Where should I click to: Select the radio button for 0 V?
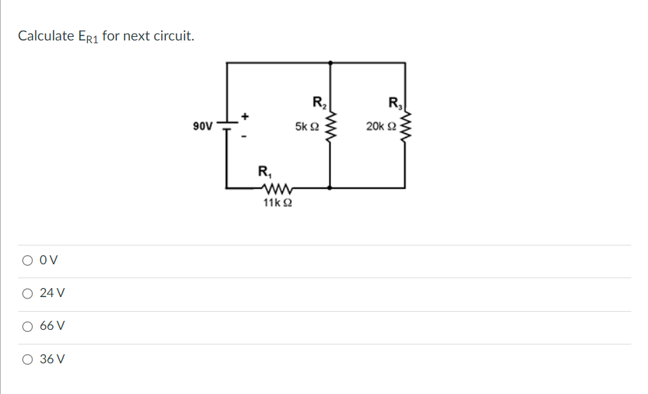pos(27,261)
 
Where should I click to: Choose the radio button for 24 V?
pos(27,294)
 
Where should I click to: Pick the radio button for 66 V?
pos(27,326)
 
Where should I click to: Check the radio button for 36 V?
pos(27,360)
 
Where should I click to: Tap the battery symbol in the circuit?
pos(227,126)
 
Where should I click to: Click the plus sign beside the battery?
pos(245,114)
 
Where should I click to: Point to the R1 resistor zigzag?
pos(277,188)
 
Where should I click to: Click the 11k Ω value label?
pos(277,203)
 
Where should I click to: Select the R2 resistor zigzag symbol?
pos(330,126)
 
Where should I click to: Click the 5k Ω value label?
pos(307,127)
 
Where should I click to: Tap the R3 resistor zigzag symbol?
pos(406,126)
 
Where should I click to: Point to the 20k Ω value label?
pos(380,127)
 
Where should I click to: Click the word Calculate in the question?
pos(46,36)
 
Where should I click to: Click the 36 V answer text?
pos(52,360)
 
